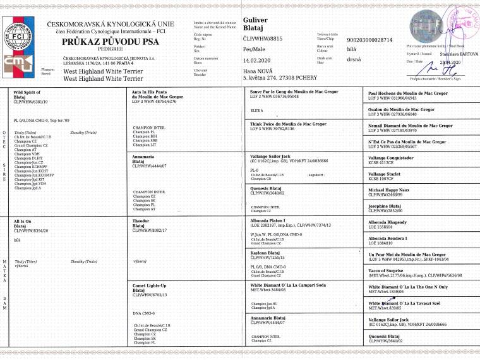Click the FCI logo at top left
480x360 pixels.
[19, 34]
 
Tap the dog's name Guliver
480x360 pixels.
[255, 20]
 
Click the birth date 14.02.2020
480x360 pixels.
[259, 60]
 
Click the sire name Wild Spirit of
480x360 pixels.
[28, 92]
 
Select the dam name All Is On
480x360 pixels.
[23, 221]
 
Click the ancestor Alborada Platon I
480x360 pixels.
[271, 221]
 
